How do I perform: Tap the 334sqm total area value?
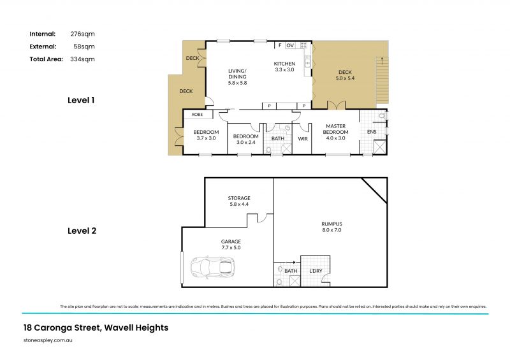tap(82, 59)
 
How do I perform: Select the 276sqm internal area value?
tap(82, 34)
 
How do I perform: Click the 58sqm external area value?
tap(84, 47)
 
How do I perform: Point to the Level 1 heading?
tap(82, 100)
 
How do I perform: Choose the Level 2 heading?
tap(82, 231)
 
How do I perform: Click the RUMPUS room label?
tap(331, 224)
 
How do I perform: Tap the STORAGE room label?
tap(239, 198)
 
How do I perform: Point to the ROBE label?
tap(197, 115)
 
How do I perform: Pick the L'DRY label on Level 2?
tap(316, 271)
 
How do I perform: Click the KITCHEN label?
tap(284, 64)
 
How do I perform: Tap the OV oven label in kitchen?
tap(289, 46)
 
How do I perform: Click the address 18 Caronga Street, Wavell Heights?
tap(96, 328)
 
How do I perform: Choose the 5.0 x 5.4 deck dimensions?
tap(345, 78)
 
